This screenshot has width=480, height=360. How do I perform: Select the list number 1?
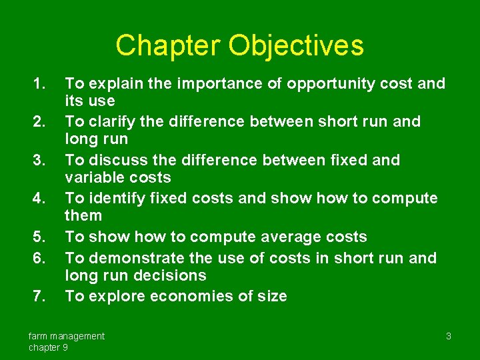41,83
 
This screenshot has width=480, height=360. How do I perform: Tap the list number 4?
41,198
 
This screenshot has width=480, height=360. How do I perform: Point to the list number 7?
41,296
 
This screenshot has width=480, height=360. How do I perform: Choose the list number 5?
41,237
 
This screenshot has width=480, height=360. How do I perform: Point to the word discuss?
113,160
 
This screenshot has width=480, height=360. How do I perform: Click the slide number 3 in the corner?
449,336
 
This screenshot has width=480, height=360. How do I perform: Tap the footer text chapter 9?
48,347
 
